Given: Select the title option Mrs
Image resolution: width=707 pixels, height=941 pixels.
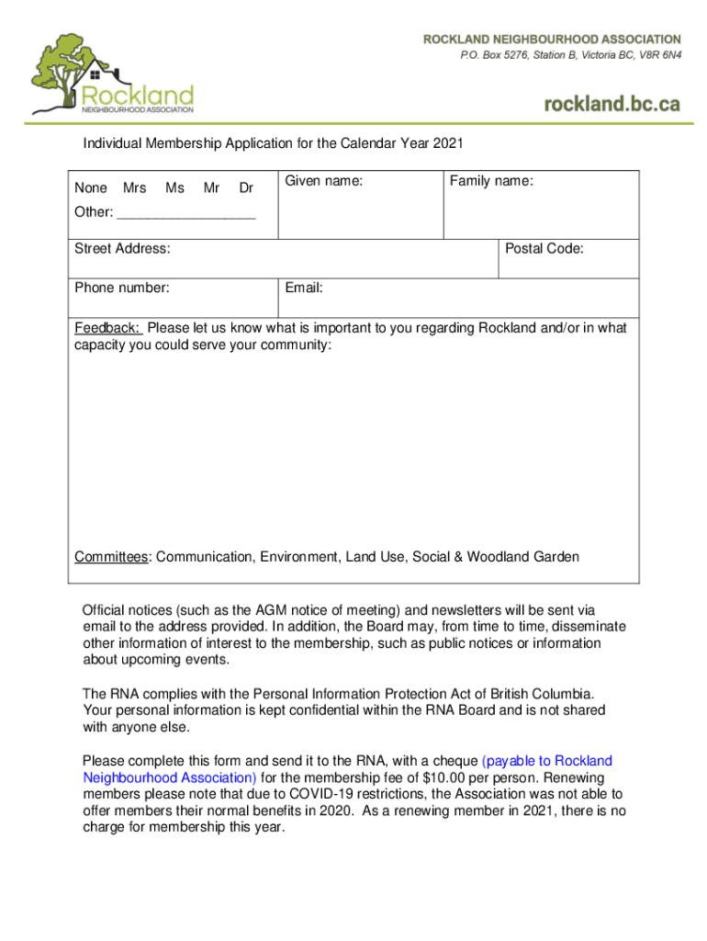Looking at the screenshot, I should pos(134,188).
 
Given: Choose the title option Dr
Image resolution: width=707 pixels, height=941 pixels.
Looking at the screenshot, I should pos(246,188).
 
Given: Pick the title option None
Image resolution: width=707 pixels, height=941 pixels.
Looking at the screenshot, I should pos(90,188).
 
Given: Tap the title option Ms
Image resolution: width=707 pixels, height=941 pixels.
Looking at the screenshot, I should pos(174,188).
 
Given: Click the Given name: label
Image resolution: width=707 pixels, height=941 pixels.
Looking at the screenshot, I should pos(323,182).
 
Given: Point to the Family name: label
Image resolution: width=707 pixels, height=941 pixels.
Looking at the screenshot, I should pos(491,182).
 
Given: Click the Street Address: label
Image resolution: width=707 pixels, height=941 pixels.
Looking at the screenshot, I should pos(122,249).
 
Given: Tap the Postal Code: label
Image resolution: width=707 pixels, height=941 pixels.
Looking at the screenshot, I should pos(544,249).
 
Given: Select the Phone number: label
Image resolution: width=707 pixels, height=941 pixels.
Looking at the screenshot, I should pos(122,288).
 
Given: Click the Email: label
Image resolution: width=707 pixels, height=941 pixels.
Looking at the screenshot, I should pos(303,288).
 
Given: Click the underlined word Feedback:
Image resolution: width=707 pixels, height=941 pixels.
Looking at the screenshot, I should pos(107,328).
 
